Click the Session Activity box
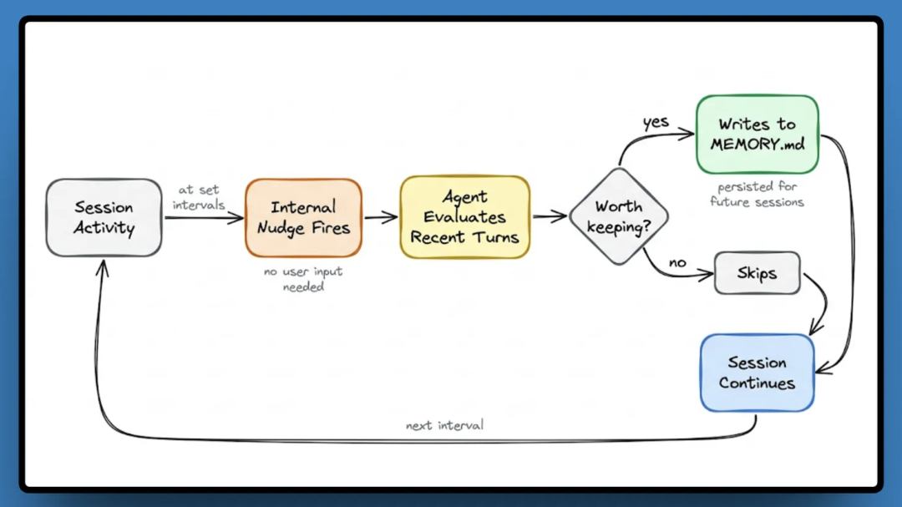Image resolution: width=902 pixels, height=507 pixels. [104, 217]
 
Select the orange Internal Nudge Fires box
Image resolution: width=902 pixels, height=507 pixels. [303, 217]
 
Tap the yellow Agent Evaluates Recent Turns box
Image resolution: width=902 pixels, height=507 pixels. [464, 217]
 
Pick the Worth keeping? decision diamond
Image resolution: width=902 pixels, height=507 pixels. [619, 217]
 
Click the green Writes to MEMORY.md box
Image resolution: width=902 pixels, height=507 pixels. [757, 134]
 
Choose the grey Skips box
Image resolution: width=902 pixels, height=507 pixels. [757, 273]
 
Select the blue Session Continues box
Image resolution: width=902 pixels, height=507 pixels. [757, 373]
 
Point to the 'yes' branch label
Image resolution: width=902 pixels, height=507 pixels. [656, 123]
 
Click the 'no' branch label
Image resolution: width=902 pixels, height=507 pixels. [677, 263]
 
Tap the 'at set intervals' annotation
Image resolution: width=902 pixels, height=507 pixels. [199, 197]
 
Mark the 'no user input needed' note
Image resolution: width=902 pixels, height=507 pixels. [304, 279]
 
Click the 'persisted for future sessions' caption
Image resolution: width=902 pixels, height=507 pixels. [757, 195]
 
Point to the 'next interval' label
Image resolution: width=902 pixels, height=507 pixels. [444, 425]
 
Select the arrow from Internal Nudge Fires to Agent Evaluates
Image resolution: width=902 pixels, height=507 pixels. [381, 217]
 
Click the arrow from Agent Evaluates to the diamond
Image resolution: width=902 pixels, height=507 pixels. [550, 217]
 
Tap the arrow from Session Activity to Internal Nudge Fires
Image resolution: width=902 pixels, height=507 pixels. [203, 218]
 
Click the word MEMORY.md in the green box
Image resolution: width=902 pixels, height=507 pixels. [758, 144]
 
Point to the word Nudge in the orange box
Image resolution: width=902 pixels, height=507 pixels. [281, 227]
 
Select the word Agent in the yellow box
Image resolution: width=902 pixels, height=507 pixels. [464, 197]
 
